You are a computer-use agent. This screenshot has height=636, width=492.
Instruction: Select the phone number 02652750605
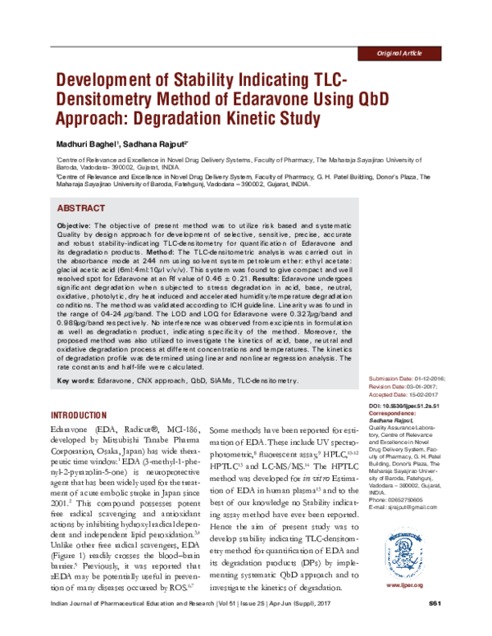click(424, 498)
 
